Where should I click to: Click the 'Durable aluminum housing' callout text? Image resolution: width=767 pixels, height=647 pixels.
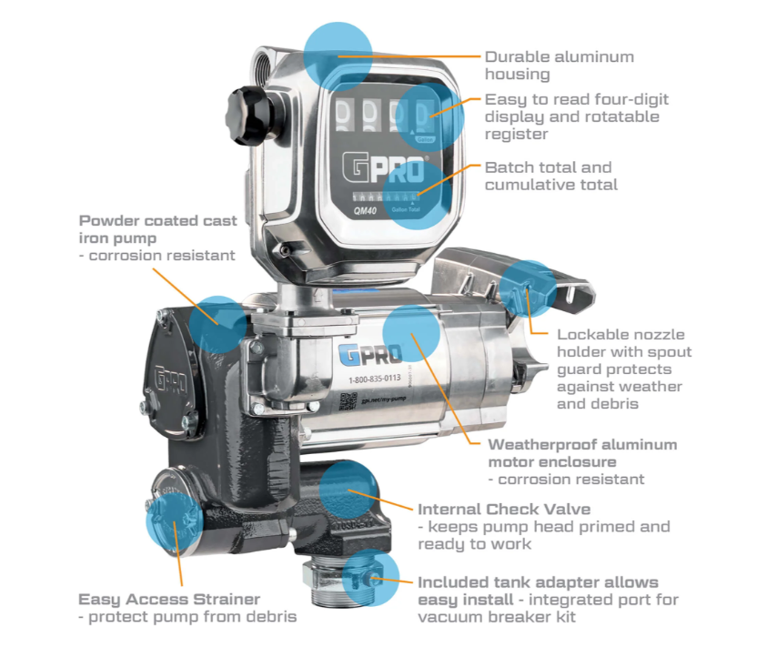click(x=559, y=66)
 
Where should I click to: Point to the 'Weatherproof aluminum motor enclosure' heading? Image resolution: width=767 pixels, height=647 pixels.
click(x=582, y=453)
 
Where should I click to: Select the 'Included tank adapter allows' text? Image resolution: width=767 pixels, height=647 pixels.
click(x=538, y=582)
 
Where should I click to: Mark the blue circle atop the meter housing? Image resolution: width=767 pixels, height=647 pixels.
click(x=338, y=54)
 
